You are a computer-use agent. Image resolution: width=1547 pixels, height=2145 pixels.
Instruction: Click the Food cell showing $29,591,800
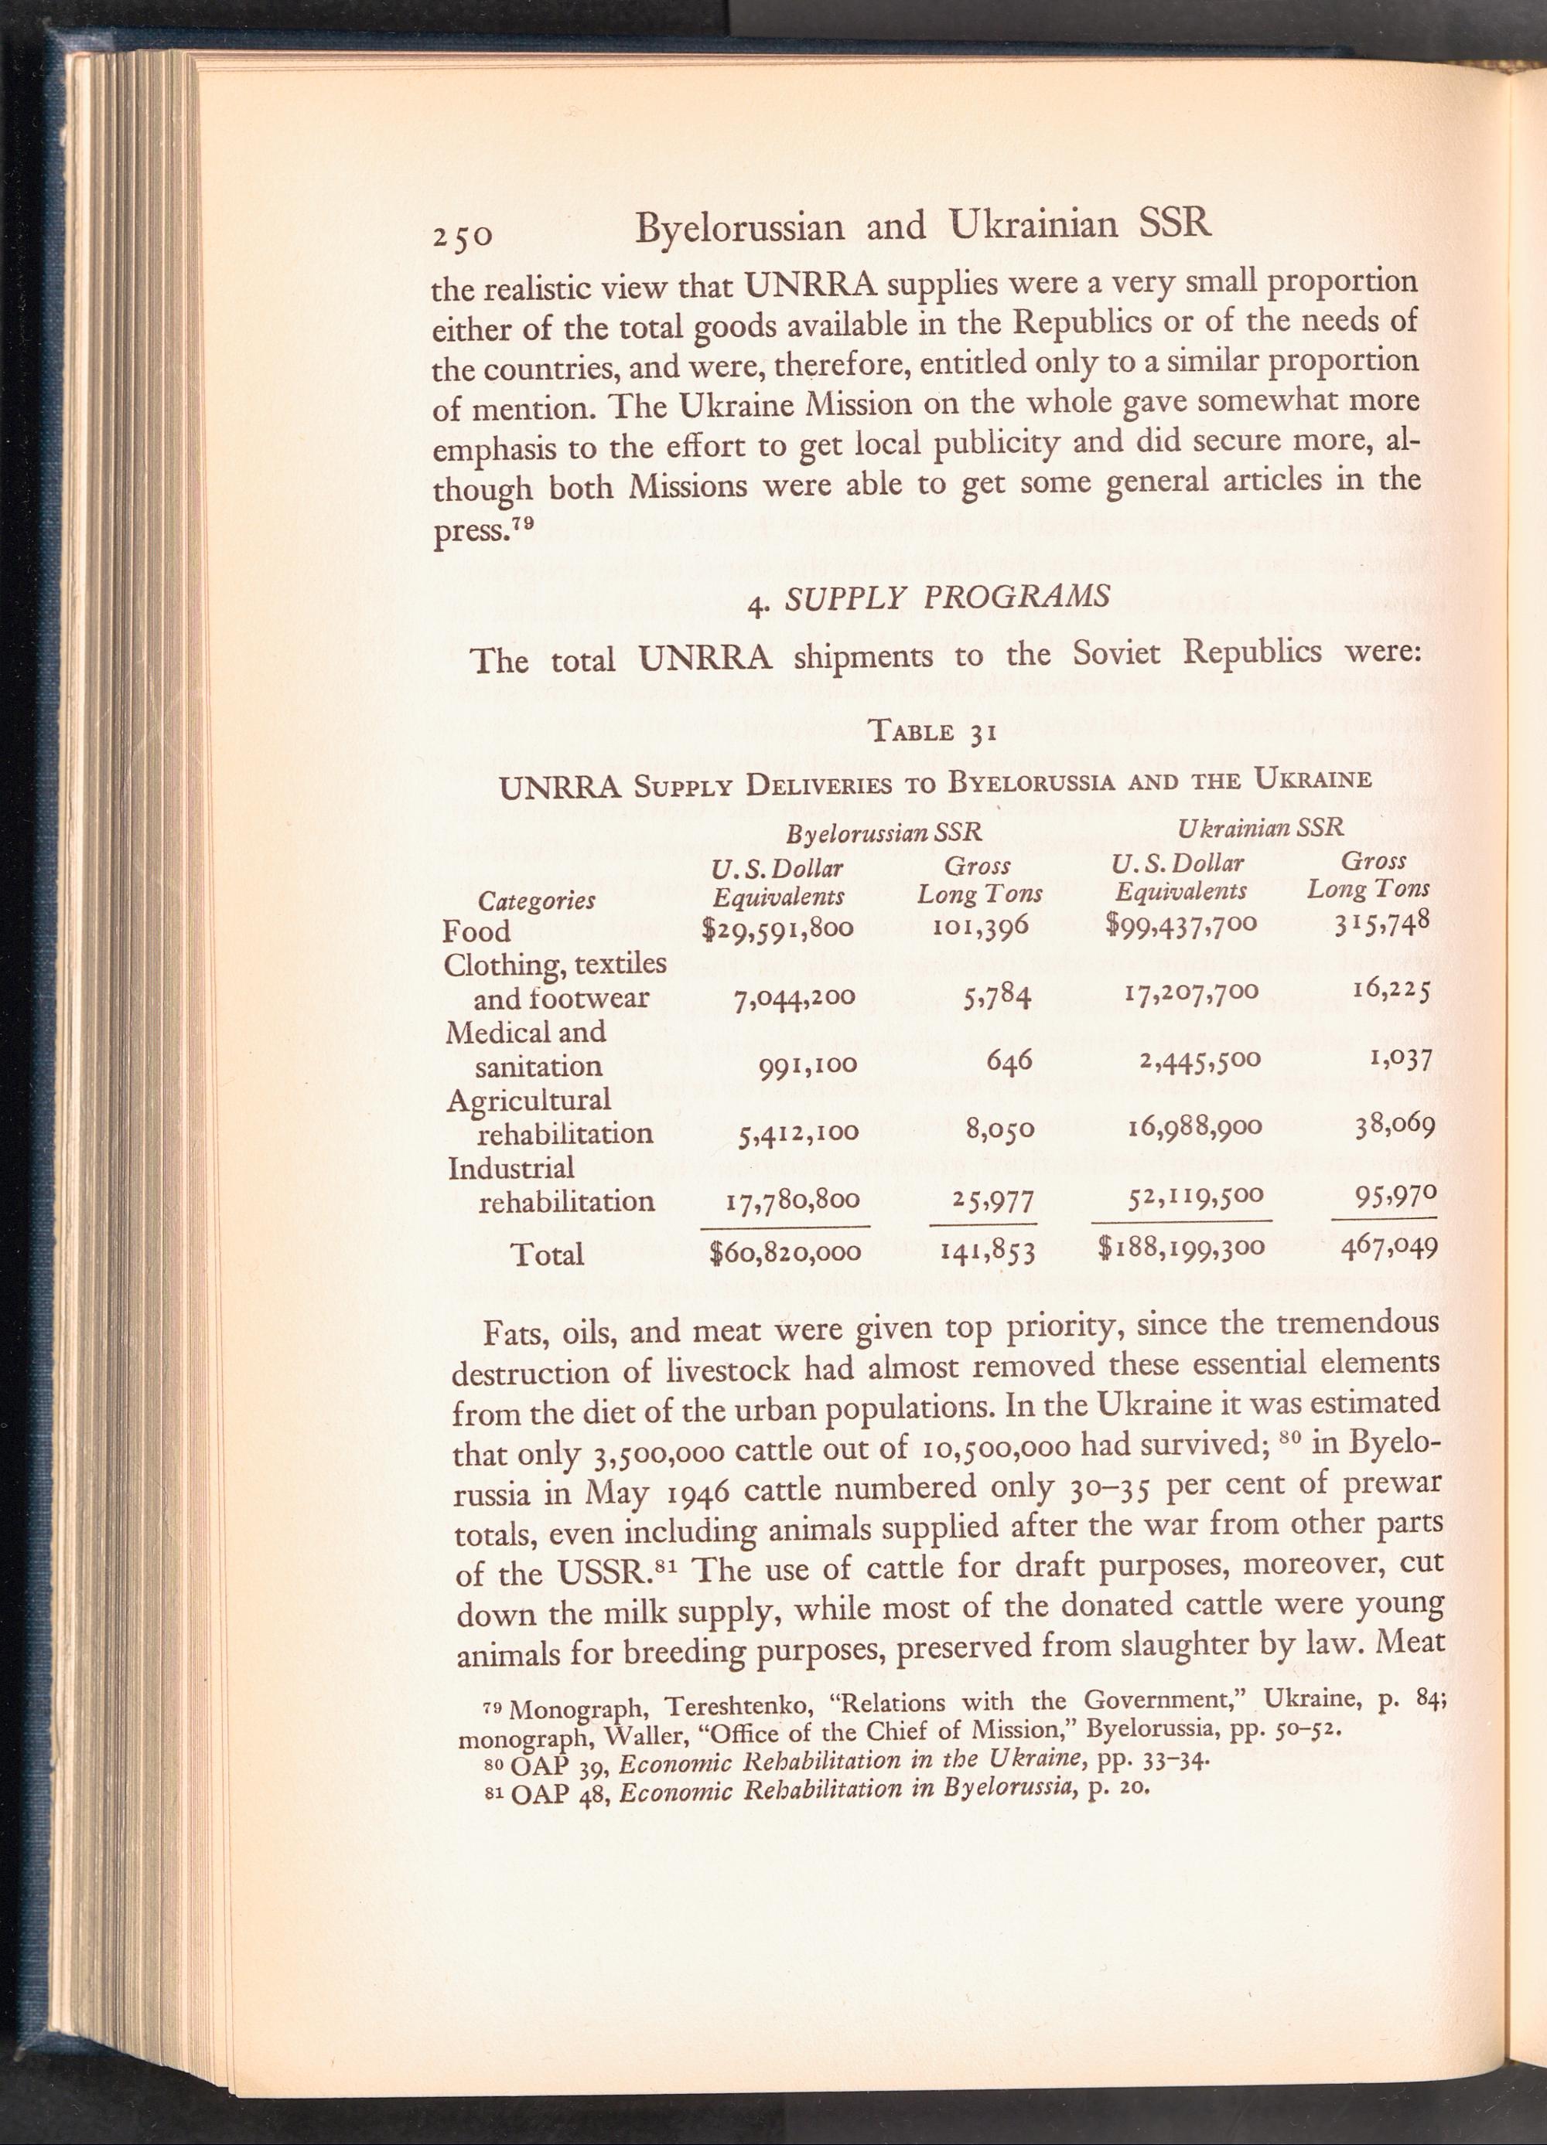pyautogui.click(x=778, y=929)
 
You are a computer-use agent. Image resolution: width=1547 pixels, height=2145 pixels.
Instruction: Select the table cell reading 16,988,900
pyautogui.click(x=1196, y=1127)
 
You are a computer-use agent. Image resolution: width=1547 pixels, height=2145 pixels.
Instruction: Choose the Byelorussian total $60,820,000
pyautogui.click(x=785, y=1253)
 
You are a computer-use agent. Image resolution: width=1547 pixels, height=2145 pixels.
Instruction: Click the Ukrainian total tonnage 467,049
pyautogui.click(x=1388, y=1249)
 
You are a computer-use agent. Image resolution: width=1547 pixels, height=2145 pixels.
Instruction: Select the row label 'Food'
pyautogui.click(x=477, y=931)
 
